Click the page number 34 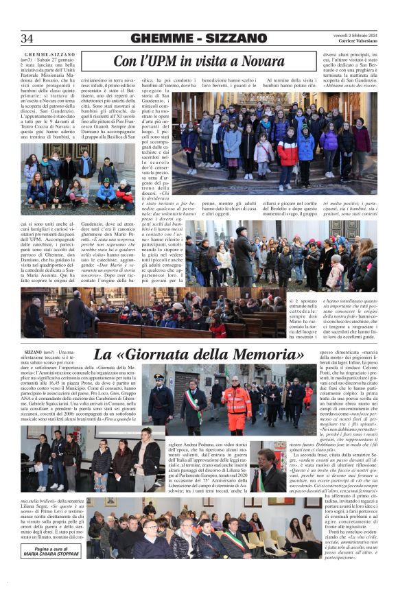(27, 38)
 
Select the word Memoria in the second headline (264, 355)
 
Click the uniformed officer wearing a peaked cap (159, 398)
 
